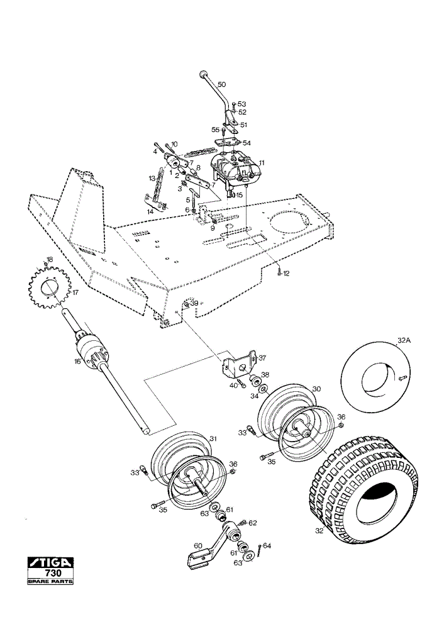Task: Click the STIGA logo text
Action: click(50, 562)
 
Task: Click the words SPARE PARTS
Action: click(50, 581)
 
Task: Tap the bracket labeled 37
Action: click(240, 364)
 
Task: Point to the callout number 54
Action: click(247, 143)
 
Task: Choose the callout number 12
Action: click(286, 274)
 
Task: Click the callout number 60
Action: click(199, 546)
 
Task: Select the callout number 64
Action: click(267, 546)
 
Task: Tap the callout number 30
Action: click(317, 389)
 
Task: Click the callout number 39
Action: click(194, 304)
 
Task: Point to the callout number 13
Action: click(152, 178)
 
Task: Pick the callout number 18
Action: click(49, 259)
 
